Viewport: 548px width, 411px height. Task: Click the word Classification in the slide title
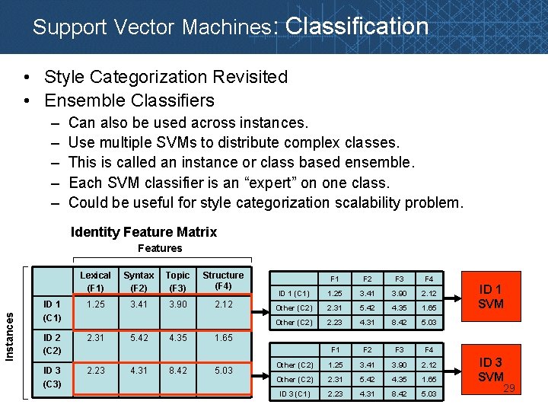tap(357, 27)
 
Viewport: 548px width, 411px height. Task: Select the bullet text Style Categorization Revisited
tap(166, 77)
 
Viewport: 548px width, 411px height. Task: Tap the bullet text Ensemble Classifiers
tap(129, 100)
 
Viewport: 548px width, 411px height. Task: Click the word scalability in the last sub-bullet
tap(343, 202)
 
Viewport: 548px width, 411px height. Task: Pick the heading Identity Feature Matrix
tap(144, 232)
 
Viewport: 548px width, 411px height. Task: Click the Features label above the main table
tap(160, 248)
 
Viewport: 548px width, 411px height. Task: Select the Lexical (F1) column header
tap(95, 281)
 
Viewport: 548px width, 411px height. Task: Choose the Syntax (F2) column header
tap(139, 281)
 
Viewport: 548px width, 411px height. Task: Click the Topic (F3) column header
tap(177, 281)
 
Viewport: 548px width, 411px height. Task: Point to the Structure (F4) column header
tap(223, 280)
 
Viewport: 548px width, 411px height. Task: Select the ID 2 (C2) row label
tap(53, 344)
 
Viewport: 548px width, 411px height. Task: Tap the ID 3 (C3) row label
tap(53, 378)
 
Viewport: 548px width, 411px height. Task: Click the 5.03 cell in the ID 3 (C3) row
tap(223, 371)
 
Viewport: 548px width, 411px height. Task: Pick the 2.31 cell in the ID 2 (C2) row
tap(95, 337)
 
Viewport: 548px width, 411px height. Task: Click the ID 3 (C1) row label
tap(294, 394)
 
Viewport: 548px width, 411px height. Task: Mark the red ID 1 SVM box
tap(491, 296)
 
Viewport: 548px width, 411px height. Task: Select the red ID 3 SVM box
tap(490, 370)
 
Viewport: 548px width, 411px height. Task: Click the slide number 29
tap(509, 390)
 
